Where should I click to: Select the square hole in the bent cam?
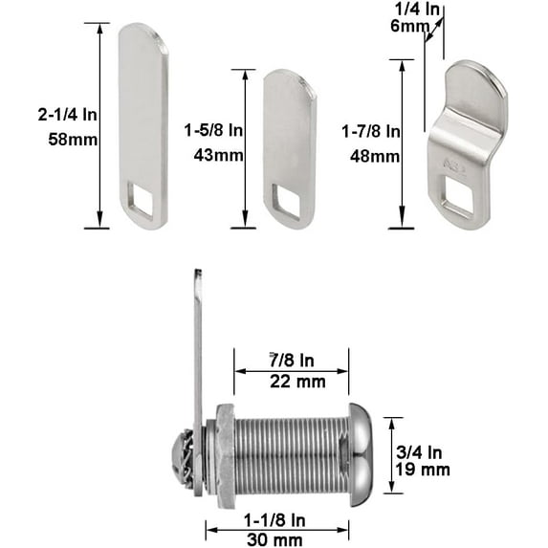(x=456, y=202)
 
